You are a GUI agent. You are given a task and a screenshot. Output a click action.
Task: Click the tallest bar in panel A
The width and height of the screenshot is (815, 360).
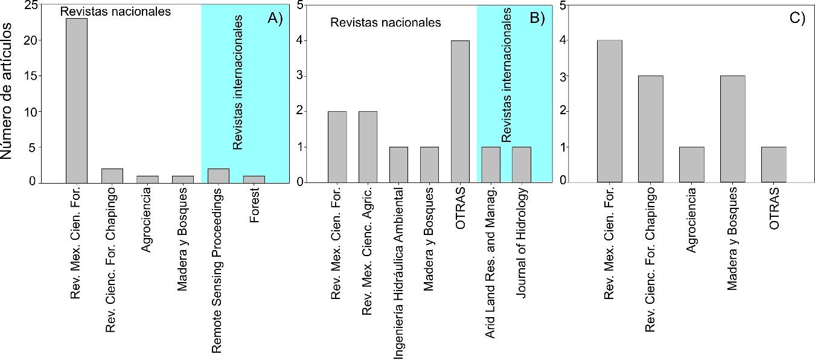tap(77, 100)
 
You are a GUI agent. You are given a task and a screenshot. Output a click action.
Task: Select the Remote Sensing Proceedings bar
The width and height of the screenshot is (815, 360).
tap(218, 176)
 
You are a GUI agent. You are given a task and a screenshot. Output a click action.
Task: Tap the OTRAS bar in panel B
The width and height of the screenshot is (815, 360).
tap(461, 111)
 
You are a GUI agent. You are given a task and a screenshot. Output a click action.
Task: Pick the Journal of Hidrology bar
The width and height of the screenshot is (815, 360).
tap(522, 164)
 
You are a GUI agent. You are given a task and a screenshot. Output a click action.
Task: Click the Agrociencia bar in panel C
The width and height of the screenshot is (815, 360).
tap(692, 164)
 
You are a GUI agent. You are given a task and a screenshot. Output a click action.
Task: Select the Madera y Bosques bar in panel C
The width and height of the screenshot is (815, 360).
tap(733, 129)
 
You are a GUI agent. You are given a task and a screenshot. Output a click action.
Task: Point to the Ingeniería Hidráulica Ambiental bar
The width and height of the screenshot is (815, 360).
tap(398, 164)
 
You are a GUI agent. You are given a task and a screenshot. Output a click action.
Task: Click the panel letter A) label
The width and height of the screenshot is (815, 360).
tap(275, 18)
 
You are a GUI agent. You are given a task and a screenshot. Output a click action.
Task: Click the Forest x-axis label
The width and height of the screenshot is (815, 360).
tap(254, 206)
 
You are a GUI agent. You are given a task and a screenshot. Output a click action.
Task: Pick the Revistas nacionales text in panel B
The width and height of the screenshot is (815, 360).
tap(385, 24)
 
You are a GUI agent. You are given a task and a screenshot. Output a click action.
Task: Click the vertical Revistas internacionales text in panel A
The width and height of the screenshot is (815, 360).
tap(238, 83)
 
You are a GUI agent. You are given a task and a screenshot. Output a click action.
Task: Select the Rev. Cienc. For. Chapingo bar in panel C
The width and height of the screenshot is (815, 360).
tap(651, 129)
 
